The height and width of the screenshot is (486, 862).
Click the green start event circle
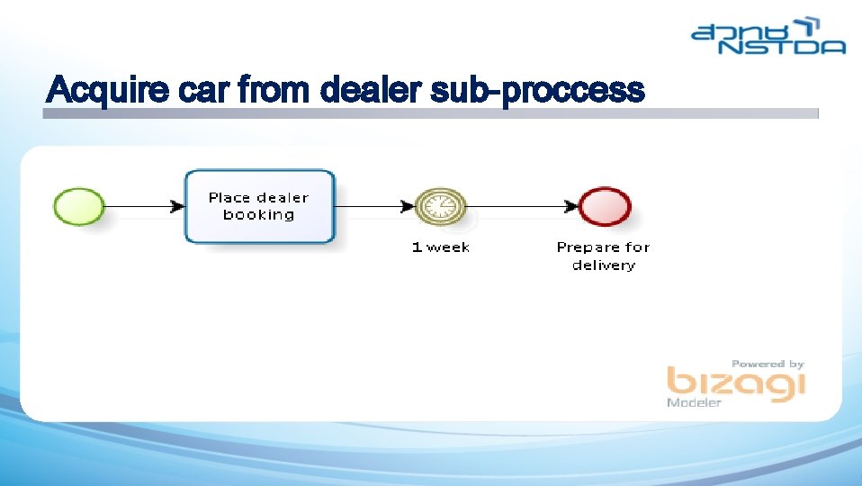point(79,206)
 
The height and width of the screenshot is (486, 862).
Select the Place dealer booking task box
point(259,206)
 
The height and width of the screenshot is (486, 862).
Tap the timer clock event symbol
point(441,207)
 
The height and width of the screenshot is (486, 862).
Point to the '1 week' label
point(441,247)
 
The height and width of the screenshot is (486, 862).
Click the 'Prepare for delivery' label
point(603,256)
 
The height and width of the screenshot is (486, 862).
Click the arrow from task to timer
point(373,207)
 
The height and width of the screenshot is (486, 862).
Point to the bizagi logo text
point(735,383)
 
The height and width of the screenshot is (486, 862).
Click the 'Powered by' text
point(768,364)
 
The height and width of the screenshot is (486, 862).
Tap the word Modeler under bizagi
point(694,403)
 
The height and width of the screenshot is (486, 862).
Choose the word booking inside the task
point(259,215)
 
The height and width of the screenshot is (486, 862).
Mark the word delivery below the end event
point(604,265)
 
